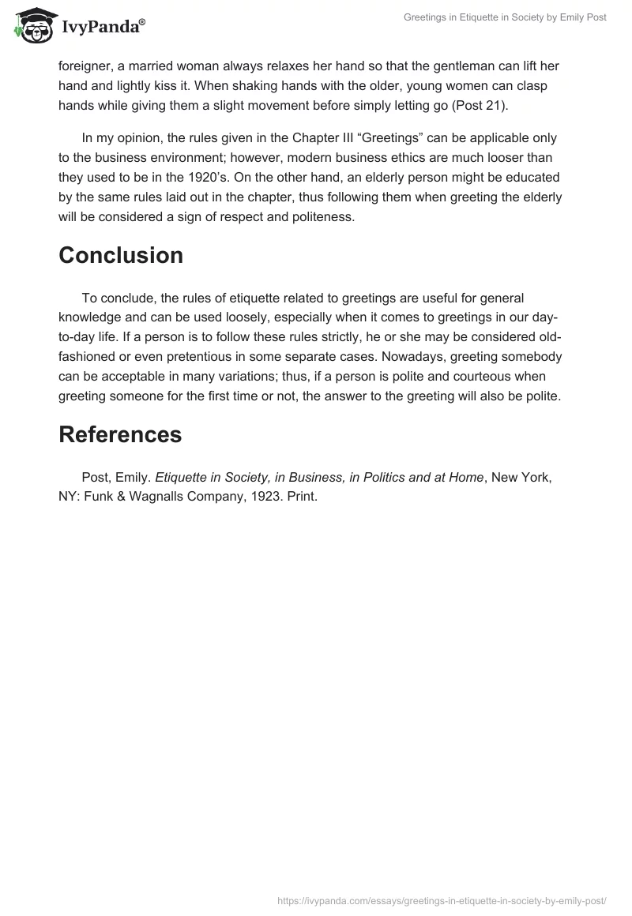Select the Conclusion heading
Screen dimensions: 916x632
[120, 255]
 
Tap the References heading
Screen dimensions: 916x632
[120, 434]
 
